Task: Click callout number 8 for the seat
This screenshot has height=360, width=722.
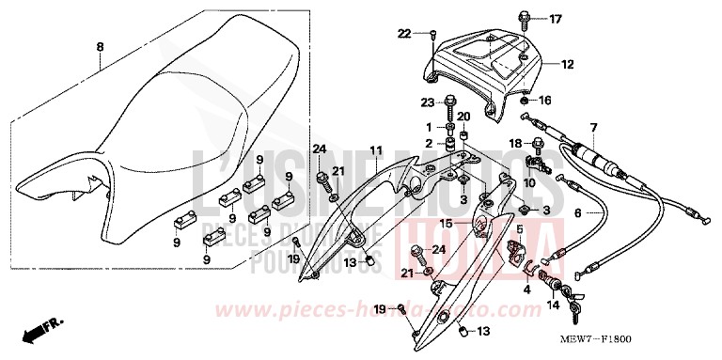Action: pyautogui.click(x=101, y=44)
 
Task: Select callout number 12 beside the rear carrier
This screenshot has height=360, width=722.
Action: pyautogui.click(x=567, y=65)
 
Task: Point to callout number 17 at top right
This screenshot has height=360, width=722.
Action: pyautogui.click(x=555, y=18)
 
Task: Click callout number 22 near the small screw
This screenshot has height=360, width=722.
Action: pyautogui.click(x=404, y=34)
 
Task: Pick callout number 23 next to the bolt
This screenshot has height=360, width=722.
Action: pyautogui.click(x=426, y=102)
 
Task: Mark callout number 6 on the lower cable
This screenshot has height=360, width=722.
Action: pyautogui.click(x=577, y=212)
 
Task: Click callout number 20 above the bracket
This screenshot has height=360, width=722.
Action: pyautogui.click(x=463, y=117)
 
